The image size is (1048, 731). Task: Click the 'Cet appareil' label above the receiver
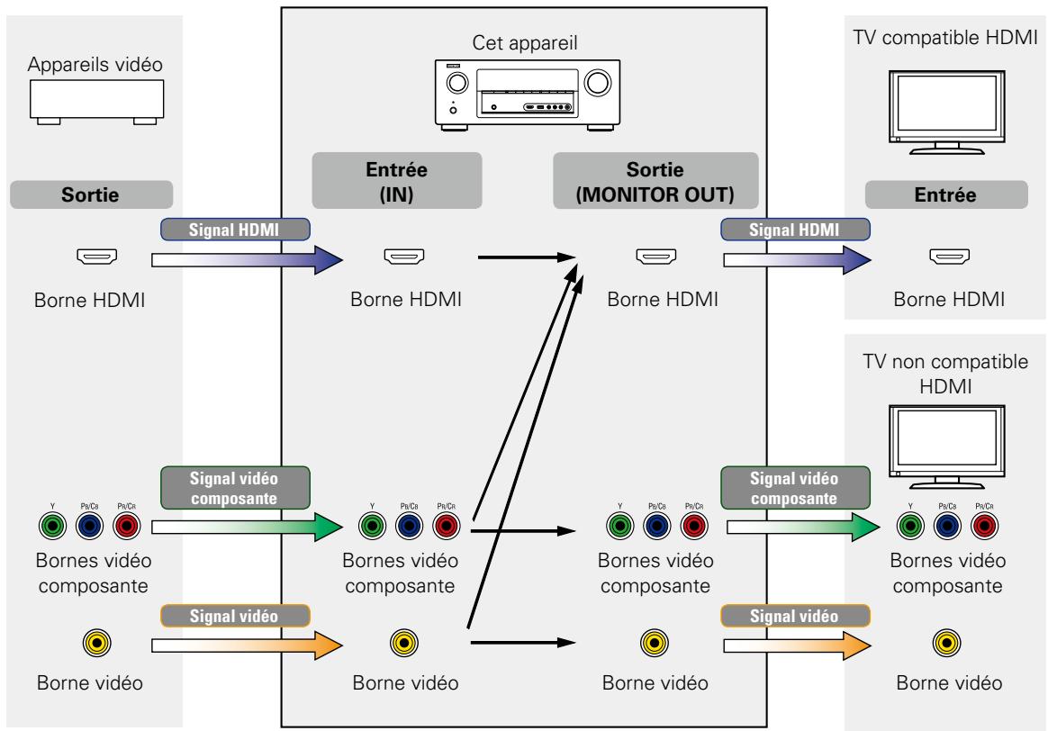click(x=524, y=43)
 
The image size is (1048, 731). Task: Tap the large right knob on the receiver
click(x=597, y=83)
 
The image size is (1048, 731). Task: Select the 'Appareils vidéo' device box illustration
click(x=97, y=102)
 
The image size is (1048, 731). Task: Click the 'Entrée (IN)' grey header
click(x=396, y=181)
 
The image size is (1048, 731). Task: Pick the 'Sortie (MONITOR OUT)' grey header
click(x=655, y=181)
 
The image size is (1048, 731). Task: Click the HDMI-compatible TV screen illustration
click(x=946, y=113)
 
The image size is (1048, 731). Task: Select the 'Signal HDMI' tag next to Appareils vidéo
click(x=235, y=230)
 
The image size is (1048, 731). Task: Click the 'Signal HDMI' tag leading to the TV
click(x=795, y=230)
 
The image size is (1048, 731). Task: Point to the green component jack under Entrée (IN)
click(x=372, y=526)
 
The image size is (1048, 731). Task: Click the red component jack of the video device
click(x=126, y=526)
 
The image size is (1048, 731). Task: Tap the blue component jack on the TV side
click(x=947, y=526)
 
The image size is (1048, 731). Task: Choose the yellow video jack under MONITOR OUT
click(x=655, y=644)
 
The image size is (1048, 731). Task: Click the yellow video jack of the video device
click(x=97, y=644)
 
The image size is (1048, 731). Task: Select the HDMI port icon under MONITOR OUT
click(x=655, y=256)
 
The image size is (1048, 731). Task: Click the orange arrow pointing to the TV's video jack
click(x=798, y=645)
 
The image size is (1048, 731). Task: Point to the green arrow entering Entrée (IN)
click(x=248, y=528)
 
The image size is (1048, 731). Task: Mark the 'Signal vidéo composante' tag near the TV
click(x=795, y=488)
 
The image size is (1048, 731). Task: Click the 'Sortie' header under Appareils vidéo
click(x=91, y=194)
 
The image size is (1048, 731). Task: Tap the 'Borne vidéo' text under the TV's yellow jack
click(x=949, y=683)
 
